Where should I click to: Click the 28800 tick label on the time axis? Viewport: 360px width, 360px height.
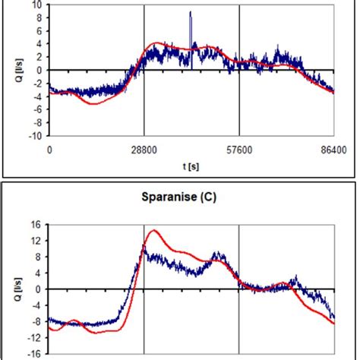tap(144, 150)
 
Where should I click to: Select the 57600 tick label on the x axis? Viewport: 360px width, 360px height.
tap(239, 150)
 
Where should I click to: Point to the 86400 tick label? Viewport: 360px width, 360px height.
tap(333, 150)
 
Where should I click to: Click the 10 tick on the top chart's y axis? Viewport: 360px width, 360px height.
tap(39, 5)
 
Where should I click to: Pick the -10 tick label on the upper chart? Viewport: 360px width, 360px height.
tap(36, 137)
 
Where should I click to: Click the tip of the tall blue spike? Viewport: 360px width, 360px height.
tap(191, 12)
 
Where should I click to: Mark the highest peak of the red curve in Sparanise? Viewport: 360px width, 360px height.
tap(154, 230)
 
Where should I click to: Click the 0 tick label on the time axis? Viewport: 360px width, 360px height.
tap(49, 150)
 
